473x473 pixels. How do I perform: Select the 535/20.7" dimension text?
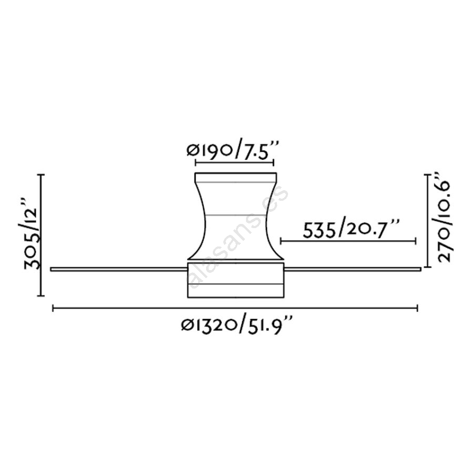pyautogui.click(x=351, y=229)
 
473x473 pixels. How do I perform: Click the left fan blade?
pyautogui.click(x=119, y=269)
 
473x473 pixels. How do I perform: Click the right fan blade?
pyautogui.click(x=352, y=269)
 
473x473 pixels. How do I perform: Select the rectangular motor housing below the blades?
pyautogui.click(x=235, y=280)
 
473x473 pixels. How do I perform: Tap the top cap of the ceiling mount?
pyautogui.click(x=235, y=178)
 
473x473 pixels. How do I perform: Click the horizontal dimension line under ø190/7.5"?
pyautogui.click(x=234, y=163)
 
